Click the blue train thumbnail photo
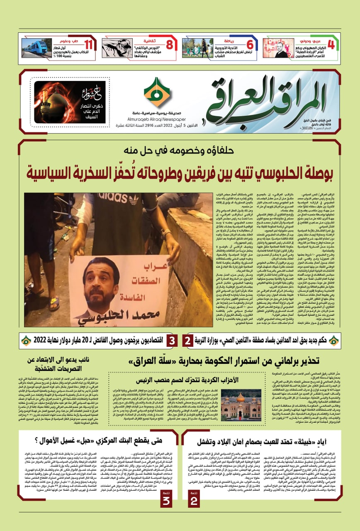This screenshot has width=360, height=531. (37, 48)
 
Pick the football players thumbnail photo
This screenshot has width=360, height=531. (197, 48)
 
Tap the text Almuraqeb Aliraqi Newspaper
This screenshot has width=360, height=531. (156, 118)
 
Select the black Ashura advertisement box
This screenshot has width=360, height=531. (64, 102)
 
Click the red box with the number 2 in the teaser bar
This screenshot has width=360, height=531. (187, 341)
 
